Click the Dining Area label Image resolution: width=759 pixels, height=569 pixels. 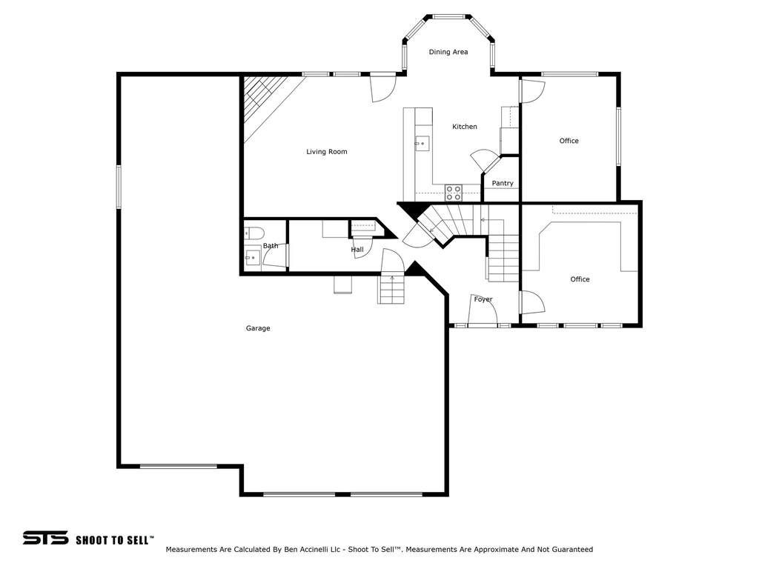(448, 52)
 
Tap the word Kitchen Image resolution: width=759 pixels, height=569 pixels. (465, 127)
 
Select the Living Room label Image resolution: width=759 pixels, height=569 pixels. (327, 152)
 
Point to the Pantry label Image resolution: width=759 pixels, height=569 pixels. (503, 184)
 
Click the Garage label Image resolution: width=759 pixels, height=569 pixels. (258, 328)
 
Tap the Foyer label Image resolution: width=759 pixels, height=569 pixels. (483, 299)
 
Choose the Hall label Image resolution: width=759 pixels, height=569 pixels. (357, 250)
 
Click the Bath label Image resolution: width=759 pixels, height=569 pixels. (271, 246)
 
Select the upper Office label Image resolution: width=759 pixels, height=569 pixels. (569, 141)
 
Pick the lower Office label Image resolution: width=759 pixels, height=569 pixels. (580, 279)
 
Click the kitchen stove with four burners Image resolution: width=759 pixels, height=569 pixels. (454, 193)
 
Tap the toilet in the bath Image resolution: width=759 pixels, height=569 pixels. (253, 233)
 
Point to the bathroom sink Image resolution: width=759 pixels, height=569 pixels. (253, 258)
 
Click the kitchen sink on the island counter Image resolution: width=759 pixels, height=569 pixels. (422, 142)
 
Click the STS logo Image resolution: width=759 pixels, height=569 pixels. (45, 538)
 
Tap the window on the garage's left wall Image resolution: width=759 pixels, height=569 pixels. (119, 186)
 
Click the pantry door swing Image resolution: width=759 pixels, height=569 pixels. (485, 160)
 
